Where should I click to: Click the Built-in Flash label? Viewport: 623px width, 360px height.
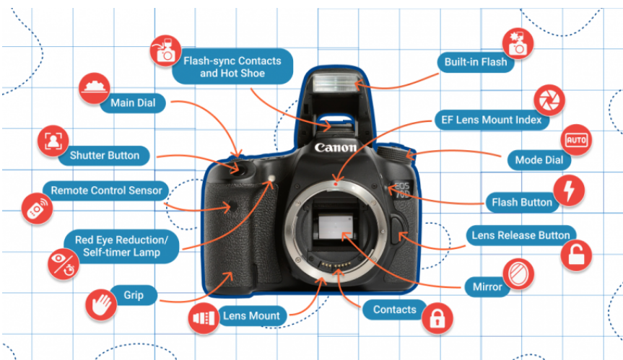point(475,62)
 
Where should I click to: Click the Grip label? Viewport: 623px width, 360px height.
point(133,296)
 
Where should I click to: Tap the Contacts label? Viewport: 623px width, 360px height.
point(394,310)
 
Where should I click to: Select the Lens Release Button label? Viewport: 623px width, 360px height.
point(520,235)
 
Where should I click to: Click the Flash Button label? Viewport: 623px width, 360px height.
point(521,202)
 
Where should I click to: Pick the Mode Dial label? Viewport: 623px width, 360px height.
point(539,159)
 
